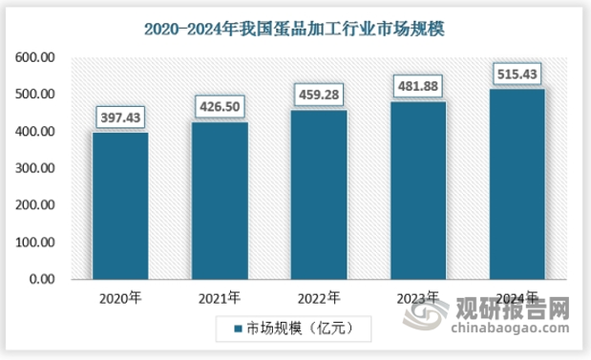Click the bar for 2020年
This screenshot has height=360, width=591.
coord(120,205)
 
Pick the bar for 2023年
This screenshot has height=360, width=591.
coord(419,190)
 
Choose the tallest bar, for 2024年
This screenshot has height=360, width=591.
coord(518,183)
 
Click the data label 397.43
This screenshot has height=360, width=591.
coord(120,116)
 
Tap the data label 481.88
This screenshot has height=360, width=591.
coord(419,85)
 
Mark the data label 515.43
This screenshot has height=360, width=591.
coord(518,73)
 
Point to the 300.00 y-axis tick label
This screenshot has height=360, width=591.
coord(35,168)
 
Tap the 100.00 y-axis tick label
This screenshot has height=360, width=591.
coord(35,243)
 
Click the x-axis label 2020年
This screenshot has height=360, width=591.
coord(120,298)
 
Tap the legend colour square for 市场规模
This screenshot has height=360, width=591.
coord(239,329)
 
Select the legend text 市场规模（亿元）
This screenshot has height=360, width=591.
coord(301,329)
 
